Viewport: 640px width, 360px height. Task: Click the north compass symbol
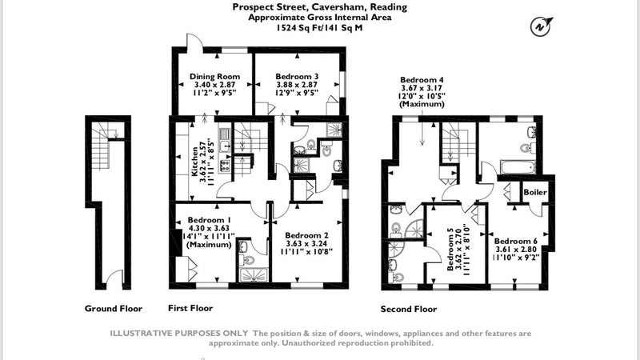point(541,26)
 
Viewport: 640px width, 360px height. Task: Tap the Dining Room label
point(214,76)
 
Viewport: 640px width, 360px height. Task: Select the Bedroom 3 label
point(297,76)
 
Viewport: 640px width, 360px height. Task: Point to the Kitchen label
point(195,162)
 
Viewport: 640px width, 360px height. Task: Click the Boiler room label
point(535,192)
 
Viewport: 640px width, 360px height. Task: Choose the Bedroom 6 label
point(515,241)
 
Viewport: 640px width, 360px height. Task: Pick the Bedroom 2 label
point(306,235)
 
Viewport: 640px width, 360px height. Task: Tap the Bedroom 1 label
point(208,220)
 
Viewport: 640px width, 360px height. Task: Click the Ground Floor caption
point(114,309)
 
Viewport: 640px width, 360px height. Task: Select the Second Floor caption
point(409,309)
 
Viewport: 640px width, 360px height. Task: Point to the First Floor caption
point(190,308)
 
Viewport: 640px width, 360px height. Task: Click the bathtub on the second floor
point(518,167)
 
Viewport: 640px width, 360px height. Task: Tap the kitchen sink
point(225,140)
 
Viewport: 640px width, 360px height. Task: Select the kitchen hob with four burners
point(225,165)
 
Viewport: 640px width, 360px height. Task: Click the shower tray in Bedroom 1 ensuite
point(254,274)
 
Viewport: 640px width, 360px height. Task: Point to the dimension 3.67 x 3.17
point(422,88)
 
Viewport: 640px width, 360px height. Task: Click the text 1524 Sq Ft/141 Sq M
point(319,28)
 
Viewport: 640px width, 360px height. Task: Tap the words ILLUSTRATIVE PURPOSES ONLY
point(178,334)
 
